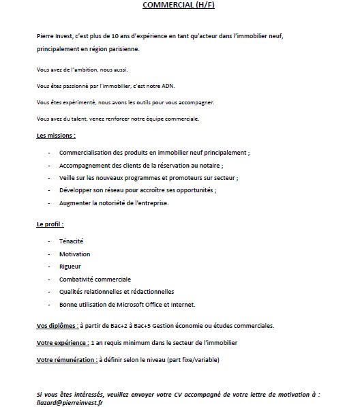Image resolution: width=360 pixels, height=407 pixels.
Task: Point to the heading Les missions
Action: pos(55,136)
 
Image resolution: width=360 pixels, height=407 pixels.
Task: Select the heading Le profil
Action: pos(50,224)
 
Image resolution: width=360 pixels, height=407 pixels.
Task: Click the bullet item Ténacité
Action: pos(72,241)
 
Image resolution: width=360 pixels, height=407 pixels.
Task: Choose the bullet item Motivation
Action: pos(75,254)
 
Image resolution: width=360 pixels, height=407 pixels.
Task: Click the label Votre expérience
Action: pos(62,342)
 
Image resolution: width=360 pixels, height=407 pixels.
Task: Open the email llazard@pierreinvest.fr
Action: pos(71,402)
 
